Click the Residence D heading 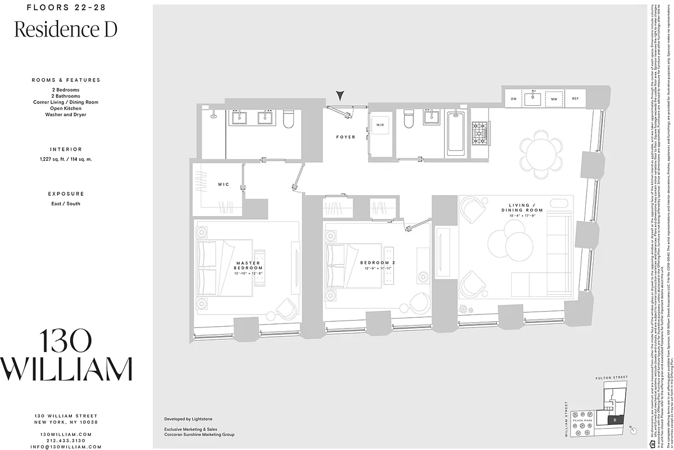pyautogui.click(x=66, y=29)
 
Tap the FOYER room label pyautogui.click(x=345, y=137)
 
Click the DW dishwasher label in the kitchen pyautogui.click(x=513, y=99)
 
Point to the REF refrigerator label pyautogui.click(x=575, y=99)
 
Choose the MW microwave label pyautogui.click(x=554, y=99)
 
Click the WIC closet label pyautogui.click(x=223, y=184)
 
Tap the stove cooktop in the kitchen pyautogui.click(x=480, y=134)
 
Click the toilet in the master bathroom pyautogui.click(x=290, y=119)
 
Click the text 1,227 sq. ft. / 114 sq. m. pyautogui.click(x=66, y=160)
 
